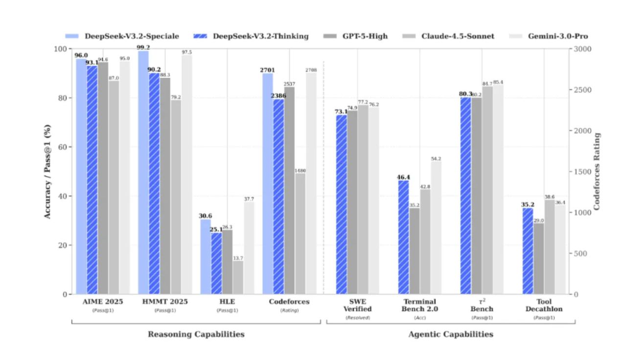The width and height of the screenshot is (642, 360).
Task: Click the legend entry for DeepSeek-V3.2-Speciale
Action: point(122,36)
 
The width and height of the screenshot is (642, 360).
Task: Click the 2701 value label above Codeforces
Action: point(268,70)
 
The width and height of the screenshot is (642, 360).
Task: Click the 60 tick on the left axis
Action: point(63,147)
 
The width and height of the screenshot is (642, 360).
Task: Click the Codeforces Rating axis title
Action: point(596,171)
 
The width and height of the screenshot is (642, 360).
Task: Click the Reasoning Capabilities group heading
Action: point(196,335)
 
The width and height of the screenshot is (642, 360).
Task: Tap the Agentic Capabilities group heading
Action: point(451,335)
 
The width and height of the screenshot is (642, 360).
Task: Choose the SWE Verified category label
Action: point(358,305)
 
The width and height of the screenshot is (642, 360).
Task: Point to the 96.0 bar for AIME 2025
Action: point(81,176)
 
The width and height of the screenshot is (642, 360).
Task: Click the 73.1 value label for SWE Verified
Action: point(341,112)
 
